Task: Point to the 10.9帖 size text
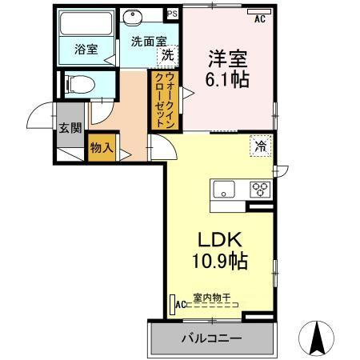coord(218,260)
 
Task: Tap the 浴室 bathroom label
coord(86,49)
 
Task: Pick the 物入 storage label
coord(101,148)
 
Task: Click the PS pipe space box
coord(172,14)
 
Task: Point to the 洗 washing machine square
coord(167,55)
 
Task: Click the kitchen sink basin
coord(222,190)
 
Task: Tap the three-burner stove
coord(261,190)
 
